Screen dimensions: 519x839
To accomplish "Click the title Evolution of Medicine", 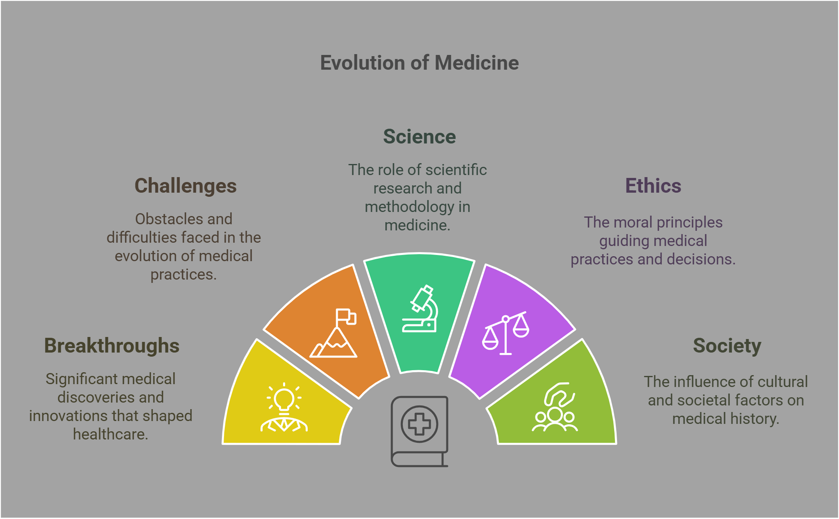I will pos(419,63).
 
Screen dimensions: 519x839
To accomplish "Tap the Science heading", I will pos(419,137).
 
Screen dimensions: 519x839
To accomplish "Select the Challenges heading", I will pos(185,186).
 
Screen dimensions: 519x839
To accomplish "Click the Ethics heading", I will pos(653,186).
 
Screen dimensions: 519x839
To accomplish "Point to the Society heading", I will pos(727,346).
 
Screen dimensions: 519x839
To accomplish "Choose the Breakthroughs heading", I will pos(112,346).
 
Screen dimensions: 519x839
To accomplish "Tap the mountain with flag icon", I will pos(334,334).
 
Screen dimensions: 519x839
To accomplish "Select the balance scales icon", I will pos(505,333).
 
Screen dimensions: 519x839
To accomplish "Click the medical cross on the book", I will pos(419,424).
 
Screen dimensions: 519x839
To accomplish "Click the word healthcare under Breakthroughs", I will pos(110,434).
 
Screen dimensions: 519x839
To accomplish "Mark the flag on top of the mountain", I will pos(345,316).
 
